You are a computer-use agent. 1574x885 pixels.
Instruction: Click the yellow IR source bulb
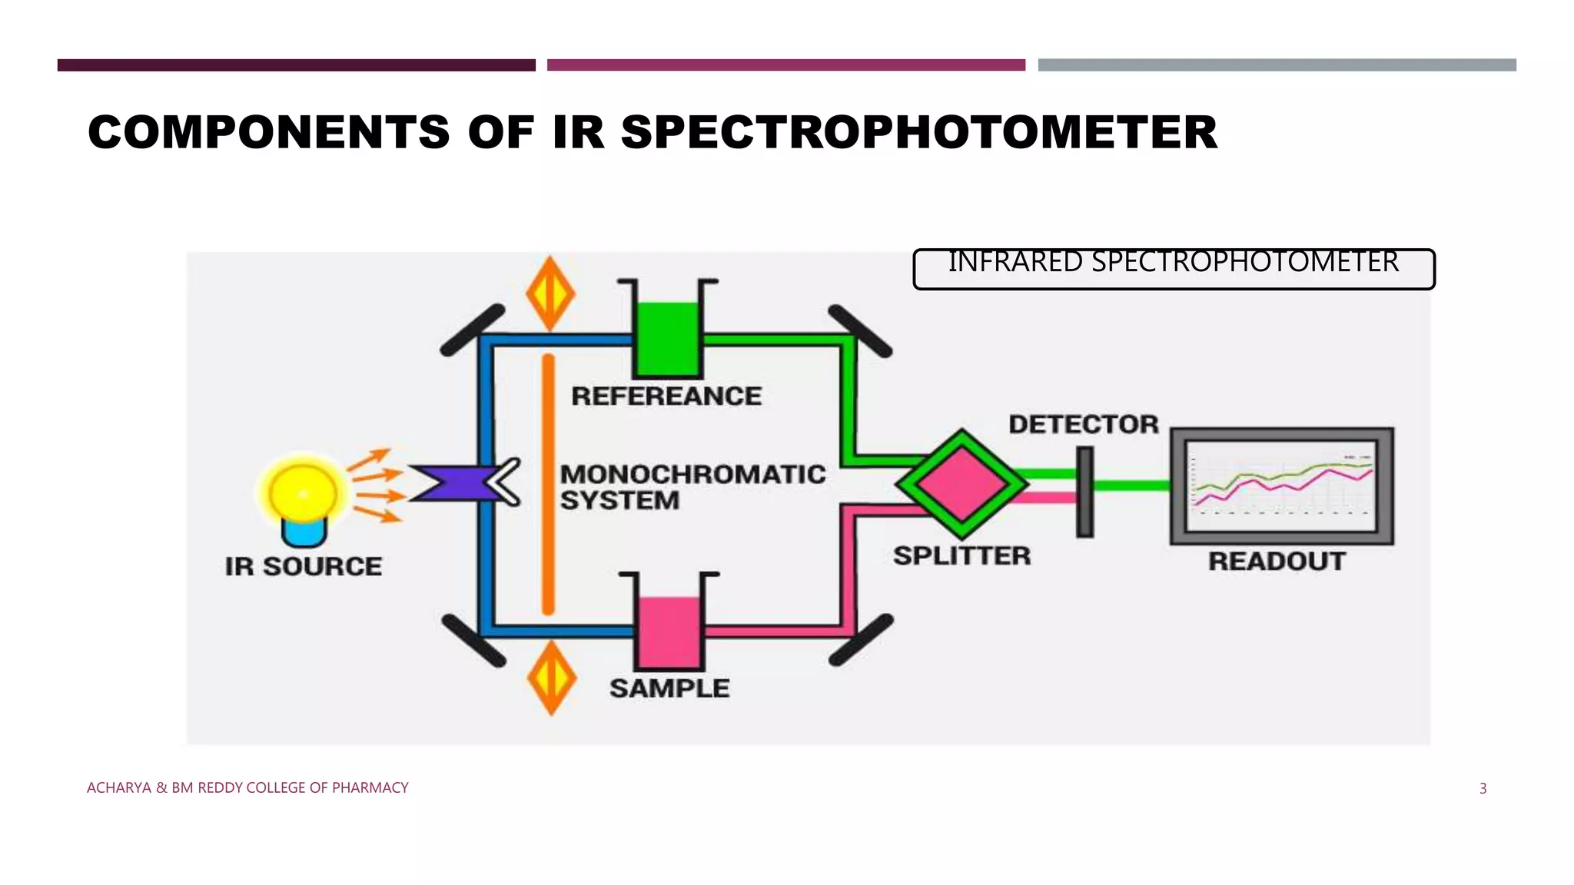point(303,493)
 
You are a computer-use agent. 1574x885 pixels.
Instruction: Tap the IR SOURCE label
point(304,567)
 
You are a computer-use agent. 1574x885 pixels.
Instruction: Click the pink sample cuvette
point(669,631)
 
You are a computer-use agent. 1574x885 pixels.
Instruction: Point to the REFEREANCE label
point(666,396)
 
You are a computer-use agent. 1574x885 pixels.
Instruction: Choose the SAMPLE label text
point(669,688)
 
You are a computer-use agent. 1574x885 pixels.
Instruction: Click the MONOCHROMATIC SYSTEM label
point(692,487)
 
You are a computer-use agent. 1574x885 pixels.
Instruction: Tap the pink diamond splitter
point(961,483)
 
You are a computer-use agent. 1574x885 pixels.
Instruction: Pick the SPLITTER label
point(961,555)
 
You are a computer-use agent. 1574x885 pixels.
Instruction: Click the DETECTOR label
point(1083,424)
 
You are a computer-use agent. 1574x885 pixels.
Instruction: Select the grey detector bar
point(1084,492)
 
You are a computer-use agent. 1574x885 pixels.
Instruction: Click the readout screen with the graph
point(1281,486)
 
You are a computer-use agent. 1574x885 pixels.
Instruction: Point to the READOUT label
point(1277,562)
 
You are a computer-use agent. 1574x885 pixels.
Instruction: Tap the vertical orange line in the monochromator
point(548,484)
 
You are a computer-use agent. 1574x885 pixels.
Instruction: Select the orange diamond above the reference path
point(550,294)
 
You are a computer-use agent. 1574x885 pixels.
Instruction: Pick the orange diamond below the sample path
point(551,678)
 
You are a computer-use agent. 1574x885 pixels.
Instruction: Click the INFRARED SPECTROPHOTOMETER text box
point(1174,268)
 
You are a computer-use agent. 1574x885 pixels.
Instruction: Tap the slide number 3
point(1483,788)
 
